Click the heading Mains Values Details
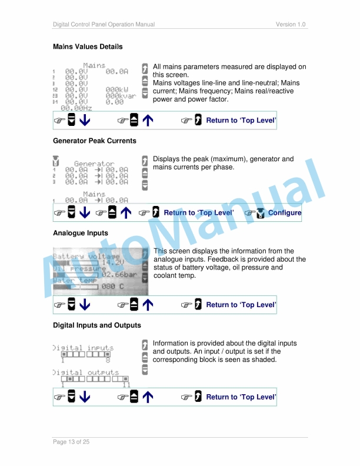[x=88, y=46]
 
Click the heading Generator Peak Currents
[x=94, y=141]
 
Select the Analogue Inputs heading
[x=81, y=233]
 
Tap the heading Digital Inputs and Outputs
[x=97, y=325]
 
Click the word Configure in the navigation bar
[x=285, y=213]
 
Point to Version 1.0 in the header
[x=291, y=24]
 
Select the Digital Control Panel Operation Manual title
[x=104, y=24]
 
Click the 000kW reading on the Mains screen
[x=117, y=89]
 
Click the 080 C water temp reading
[x=112, y=287]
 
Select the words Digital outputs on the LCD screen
[x=86, y=372]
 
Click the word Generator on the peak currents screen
[x=94, y=164]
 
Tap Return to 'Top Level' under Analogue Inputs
[x=241, y=305]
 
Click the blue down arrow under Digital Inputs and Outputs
[x=85, y=398]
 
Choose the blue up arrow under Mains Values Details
[x=148, y=121]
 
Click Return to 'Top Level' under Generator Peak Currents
[x=199, y=213]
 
